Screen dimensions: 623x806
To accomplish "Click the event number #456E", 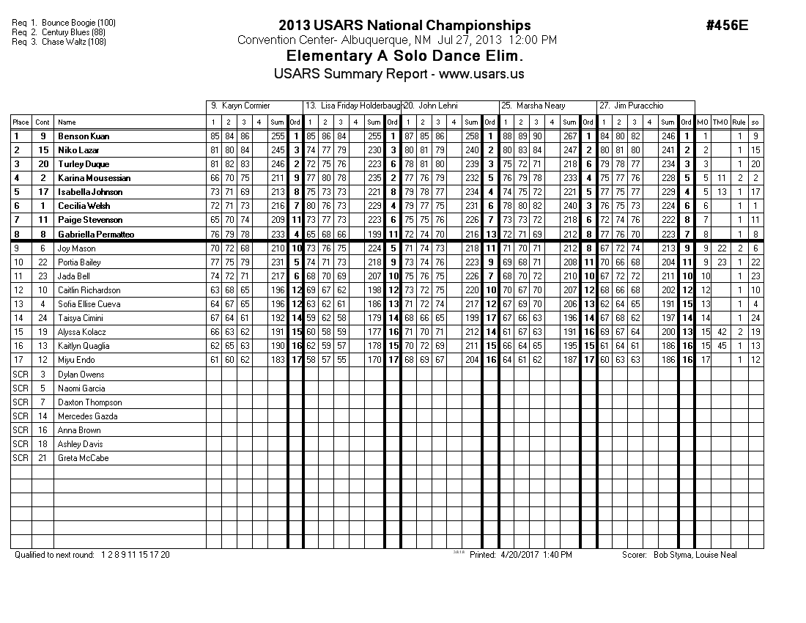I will [x=727, y=26].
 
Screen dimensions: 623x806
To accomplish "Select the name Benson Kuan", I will [x=84, y=136].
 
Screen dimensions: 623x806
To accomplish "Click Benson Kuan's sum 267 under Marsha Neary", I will [x=569, y=136].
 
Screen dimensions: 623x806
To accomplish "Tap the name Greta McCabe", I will [x=83, y=458].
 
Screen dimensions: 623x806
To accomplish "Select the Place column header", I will [x=21, y=122].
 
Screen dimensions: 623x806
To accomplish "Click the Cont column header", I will [x=42, y=122].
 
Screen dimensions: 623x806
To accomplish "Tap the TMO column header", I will [x=721, y=122].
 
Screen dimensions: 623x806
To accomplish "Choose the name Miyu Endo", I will [x=75, y=361].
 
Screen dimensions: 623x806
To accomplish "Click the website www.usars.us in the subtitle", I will [x=481, y=74].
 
